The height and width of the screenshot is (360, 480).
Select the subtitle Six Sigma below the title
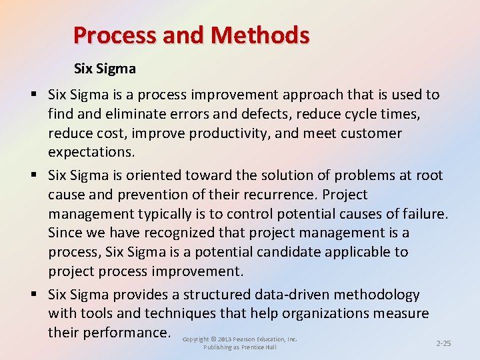click(x=105, y=68)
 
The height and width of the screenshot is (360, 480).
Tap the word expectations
click(x=91, y=152)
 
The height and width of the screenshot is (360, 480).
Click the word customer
click(x=371, y=133)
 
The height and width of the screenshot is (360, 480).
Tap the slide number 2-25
click(x=443, y=343)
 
